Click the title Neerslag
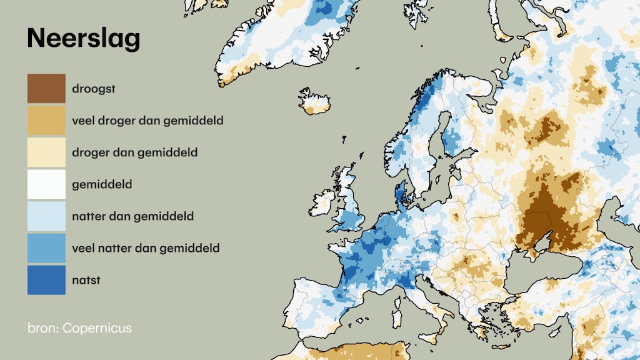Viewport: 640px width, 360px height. tap(83, 39)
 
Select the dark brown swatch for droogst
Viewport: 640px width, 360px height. tap(46, 89)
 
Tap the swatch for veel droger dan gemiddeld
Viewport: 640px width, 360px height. tap(46, 121)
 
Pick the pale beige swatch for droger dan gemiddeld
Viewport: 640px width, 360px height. tap(46, 152)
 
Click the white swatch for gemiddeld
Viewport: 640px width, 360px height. tap(46, 184)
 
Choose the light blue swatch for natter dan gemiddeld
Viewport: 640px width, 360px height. tap(46, 216)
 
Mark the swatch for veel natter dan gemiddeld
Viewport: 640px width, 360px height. tap(46, 248)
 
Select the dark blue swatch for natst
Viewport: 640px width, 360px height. tap(46, 280)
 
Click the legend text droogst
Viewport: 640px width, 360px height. tap(94, 89)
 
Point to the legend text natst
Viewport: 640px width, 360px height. tap(86, 280)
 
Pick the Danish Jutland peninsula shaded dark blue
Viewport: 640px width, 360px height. tap(400, 195)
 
